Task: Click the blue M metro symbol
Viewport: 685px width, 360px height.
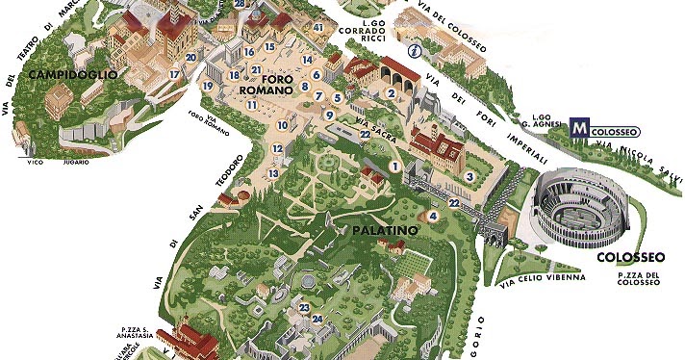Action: tap(579, 126)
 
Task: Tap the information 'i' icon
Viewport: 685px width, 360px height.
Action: tap(415, 51)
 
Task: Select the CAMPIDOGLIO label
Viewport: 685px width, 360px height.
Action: tap(73, 74)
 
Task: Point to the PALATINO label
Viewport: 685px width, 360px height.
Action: tap(383, 231)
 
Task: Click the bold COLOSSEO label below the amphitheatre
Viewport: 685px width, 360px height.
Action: tap(630, 258)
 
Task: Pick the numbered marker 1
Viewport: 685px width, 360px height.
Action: tap(393, 167)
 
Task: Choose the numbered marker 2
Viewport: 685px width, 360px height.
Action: tap(392, 93)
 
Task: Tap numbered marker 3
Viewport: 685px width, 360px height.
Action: tap(469, 176)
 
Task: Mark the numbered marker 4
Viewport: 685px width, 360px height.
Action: tap(433, 217)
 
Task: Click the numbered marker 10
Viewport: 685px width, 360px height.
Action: tap(283, 125)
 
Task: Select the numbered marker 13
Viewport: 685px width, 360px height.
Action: tap(274, 173)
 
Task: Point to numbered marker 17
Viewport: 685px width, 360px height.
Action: tap(174, 74)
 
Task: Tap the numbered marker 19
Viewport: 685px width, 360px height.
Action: tap(208, 87)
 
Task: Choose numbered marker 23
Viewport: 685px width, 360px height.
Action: tap(304, 308)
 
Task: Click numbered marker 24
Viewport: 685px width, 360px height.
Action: tap(317, 320)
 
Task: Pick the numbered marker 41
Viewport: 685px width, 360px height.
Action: tap(318, 28)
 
